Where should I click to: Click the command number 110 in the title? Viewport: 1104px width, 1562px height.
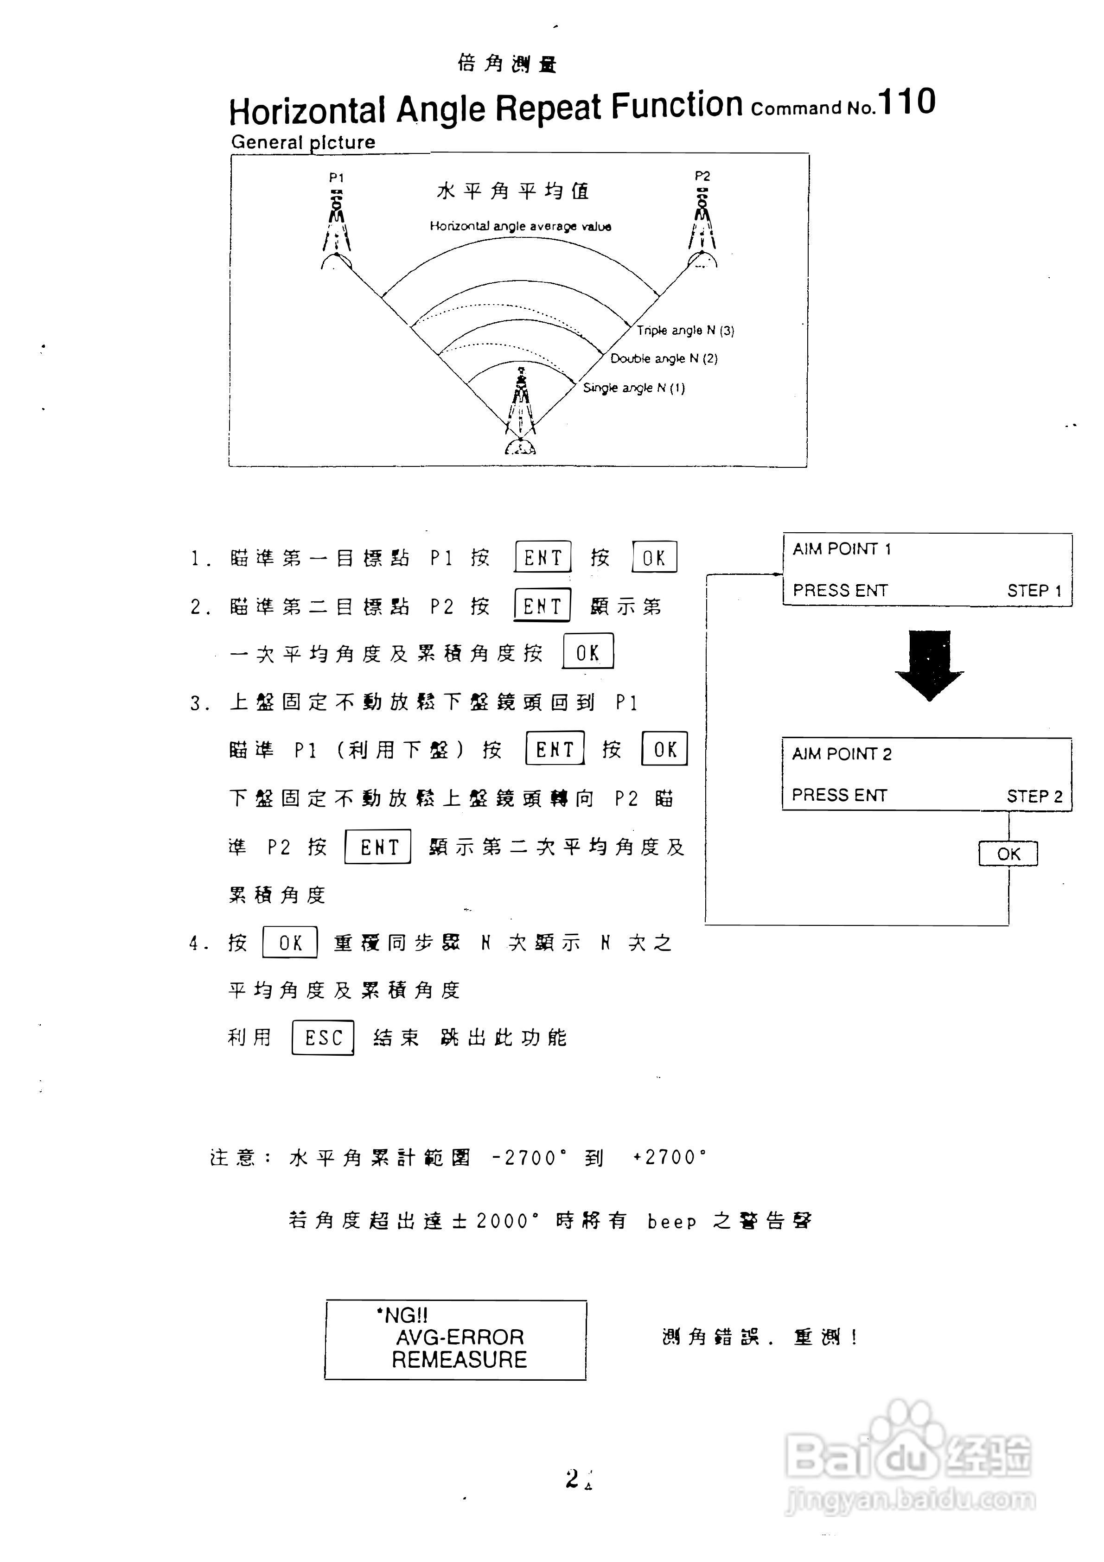pos(907,103)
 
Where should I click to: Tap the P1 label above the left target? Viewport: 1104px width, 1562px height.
pos(336,178)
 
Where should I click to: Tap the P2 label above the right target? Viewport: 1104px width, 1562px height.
pos(702,176)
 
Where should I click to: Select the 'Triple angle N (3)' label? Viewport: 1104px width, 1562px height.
pos(685,331)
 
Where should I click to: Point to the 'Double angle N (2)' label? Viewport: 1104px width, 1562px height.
pos(663,358)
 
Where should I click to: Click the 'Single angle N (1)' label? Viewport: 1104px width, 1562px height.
pos(633,388)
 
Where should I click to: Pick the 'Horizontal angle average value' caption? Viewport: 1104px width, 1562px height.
pos(520,226)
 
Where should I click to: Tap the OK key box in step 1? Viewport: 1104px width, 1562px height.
pos(654,557)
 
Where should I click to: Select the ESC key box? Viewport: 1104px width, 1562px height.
pos(323,1038)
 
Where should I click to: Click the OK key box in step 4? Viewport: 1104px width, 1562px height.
pos(290,942)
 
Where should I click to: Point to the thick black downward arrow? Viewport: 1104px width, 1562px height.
pos(929,664)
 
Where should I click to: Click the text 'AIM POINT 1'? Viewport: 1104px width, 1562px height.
pos(842,549)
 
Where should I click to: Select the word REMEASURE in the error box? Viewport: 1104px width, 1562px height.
pos(459,1359)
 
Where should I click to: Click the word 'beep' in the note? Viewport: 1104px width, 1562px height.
pos(671,1222)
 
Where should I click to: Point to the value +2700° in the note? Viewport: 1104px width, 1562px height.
pos(670,1157)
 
